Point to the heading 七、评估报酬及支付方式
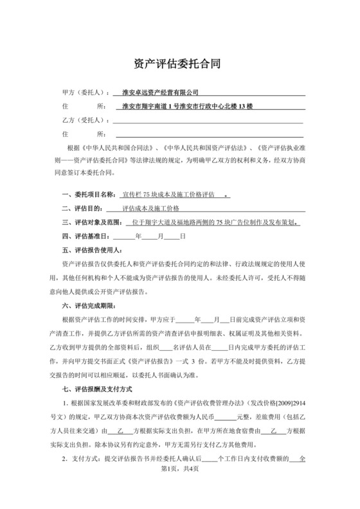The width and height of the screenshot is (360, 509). (96, 389)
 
